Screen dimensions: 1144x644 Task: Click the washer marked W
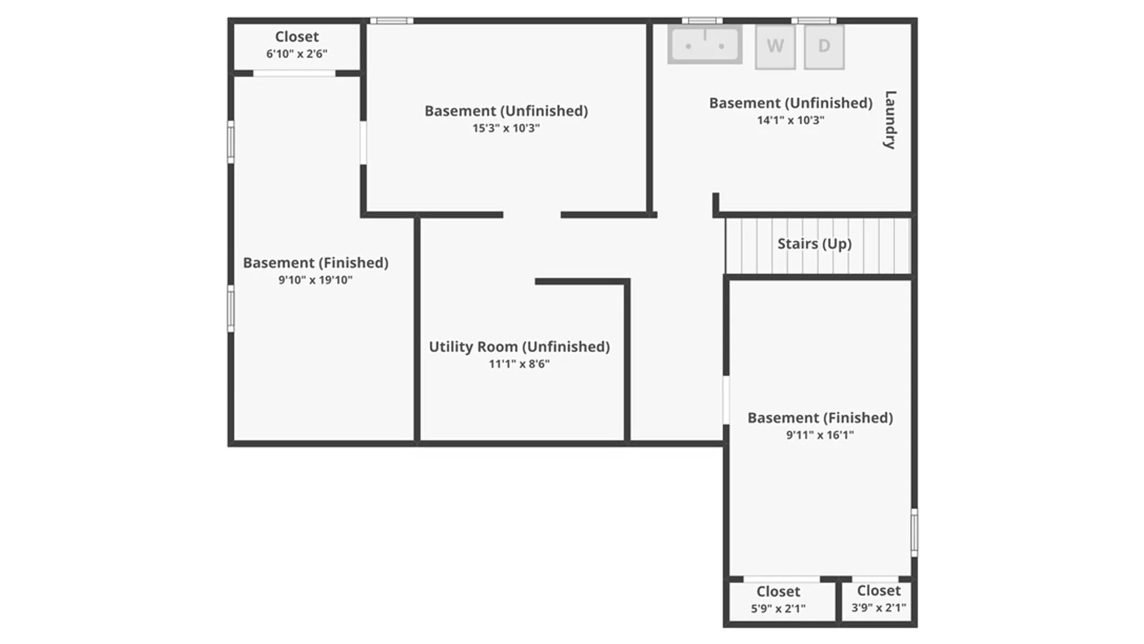[x=775, y=47]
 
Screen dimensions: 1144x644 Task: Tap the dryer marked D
[x=824, y=47]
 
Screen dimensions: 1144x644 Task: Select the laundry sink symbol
[x=705, y=44]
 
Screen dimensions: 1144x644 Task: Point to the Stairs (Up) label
[x=815, y=244]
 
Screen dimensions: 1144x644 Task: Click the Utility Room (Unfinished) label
[x=520, y=347]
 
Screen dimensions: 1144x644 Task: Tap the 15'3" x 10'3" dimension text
[x=506, y=128]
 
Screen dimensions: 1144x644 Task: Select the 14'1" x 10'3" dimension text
[x=791, y=120]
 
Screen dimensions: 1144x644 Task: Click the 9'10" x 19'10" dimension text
[x=316, y=280]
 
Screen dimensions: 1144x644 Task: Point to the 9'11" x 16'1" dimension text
[x=820, y=435]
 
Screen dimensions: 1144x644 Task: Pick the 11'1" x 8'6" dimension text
[x=520, y=364]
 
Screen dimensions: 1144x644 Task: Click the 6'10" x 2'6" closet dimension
[x=297, y=54]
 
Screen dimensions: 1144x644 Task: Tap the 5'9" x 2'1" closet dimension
[x=778, y=609]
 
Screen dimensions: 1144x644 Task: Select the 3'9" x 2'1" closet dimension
[x=879, y=608]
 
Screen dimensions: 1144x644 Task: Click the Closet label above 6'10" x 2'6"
[x=297, y=37]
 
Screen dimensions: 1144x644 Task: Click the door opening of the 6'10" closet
[x=294, y=73]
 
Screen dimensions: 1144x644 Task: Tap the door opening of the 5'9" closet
[x=782, y=579]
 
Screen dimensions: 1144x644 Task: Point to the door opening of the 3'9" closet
[x=875, y=579]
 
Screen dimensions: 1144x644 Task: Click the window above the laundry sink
[x=702, y=21]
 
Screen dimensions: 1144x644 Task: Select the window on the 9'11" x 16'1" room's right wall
[x=915, y=532]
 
